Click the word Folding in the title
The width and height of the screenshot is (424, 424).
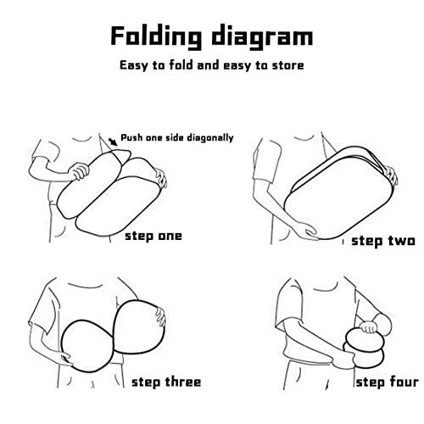click(156, 36)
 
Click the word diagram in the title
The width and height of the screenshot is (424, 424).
click(263, 36)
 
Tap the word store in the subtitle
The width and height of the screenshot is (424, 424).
click(288, 65)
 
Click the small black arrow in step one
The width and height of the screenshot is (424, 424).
click(113, 142)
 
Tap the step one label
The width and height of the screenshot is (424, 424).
click(153, 237)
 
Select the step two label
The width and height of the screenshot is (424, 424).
click(383, 241)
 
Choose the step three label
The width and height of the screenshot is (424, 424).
click(166, 382)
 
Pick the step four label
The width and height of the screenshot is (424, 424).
click(388, 382)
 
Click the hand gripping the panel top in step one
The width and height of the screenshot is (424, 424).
click(80, 171)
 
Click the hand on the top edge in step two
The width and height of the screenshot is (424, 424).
click(391, 175)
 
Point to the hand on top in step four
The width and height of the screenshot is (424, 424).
click(369, 327)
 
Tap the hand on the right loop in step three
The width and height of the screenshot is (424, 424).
click(160, 317)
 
